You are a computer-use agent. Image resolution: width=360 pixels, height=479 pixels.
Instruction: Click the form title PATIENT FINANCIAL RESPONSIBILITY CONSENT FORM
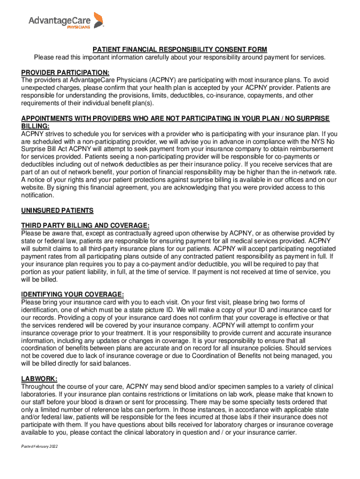point(180,50)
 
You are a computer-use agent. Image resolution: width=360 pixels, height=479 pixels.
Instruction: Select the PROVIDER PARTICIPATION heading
point(65,73)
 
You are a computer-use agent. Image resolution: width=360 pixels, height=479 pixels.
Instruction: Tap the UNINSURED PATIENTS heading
point(58,210)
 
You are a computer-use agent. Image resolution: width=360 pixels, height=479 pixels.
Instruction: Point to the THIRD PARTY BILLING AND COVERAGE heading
point(86,225)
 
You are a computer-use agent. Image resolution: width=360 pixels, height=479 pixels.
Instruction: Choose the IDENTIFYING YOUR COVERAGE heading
point(72,294)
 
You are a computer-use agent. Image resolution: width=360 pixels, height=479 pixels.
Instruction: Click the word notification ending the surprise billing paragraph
point(41,195)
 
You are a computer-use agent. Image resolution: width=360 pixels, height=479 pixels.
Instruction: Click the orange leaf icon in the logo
point(98,20)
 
